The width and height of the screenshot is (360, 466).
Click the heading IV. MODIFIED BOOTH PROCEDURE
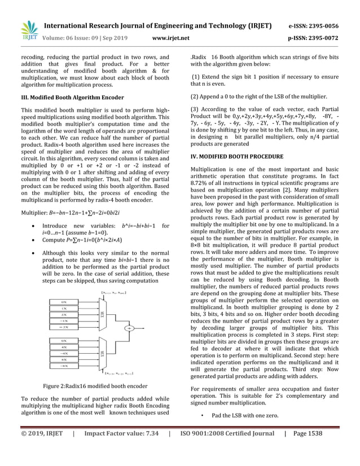point(237,156)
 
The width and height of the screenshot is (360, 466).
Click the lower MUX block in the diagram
point(102,354)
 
